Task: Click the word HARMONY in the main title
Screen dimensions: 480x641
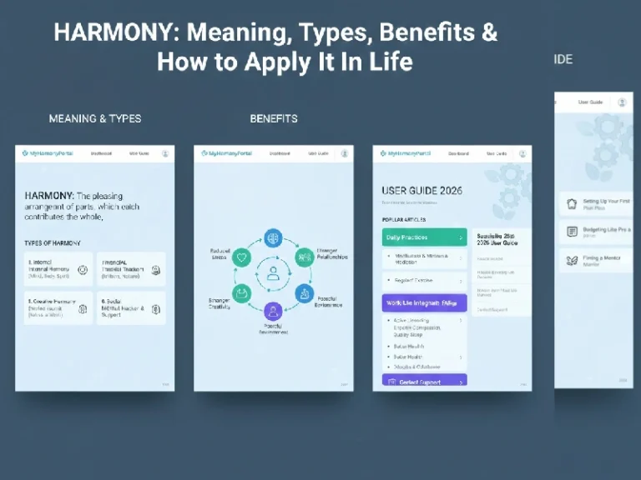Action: coord(116,33)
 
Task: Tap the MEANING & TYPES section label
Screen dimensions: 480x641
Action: coord(95,118)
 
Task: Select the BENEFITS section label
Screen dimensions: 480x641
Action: coord(274,118)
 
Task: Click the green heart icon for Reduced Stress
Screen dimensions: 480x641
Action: coord(243,257)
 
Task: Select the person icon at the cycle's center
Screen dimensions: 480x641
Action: coord(273,272)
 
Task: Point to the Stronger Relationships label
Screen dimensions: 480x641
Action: coord(332,253)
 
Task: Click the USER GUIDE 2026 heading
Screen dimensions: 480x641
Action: coord(421,191)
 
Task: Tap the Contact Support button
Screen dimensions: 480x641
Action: coord(424,381)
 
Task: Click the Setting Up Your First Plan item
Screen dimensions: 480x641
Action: coord(596,205)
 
